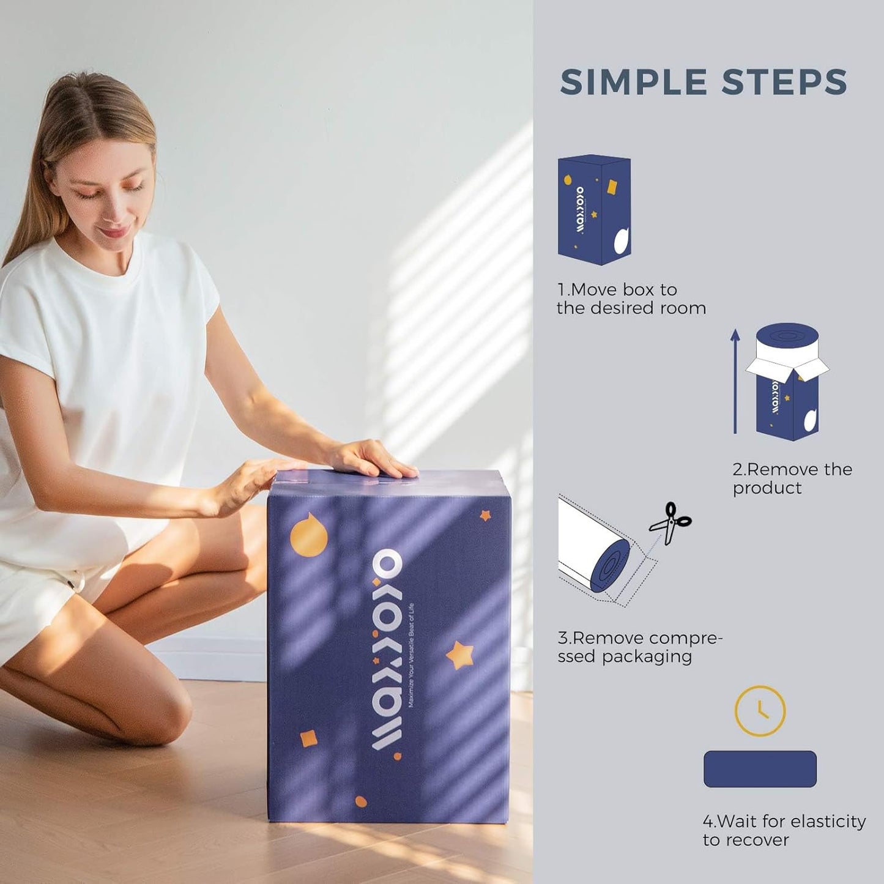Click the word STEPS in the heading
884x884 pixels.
pos(784,83)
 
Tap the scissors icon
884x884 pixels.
pos(670,523)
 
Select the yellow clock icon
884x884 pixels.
pos(760,711)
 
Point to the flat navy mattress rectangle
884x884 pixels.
pos(760,769)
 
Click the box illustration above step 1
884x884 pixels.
pos(593,210)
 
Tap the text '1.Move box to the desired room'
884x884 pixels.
pos(631,299)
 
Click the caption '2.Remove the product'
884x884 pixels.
pos(792,478)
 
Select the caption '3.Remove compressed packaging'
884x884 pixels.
pos(639,647)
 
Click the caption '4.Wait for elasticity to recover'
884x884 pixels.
pos(784,830)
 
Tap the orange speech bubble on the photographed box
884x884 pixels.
pos(308,533)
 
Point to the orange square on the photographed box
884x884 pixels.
pos(309,738)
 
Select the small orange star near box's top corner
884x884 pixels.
pos(485,515)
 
